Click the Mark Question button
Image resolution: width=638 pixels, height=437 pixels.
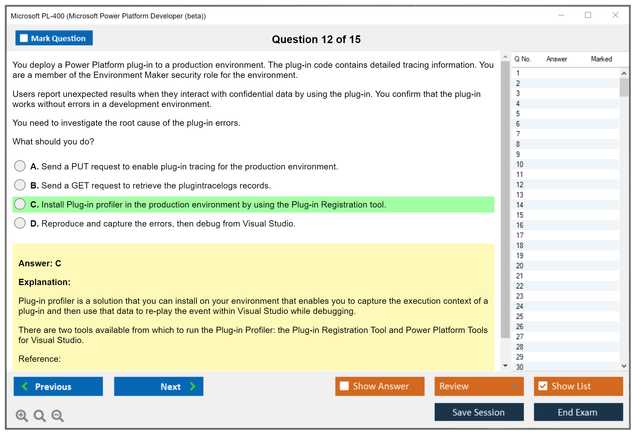point(54,38)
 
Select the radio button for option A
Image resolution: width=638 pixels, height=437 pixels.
point(20,166)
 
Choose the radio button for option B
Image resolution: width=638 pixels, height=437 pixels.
point(20,185)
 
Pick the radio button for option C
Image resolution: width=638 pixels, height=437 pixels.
point(20,204)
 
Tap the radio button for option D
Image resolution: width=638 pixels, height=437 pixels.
point(20,223)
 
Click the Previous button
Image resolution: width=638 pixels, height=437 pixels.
point(58,386)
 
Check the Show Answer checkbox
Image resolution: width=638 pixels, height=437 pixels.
point(344,386)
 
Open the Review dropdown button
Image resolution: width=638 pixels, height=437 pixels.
point(479,386)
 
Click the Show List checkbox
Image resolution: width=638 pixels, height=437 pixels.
point(543,386)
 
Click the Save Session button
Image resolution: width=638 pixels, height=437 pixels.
point(479,412)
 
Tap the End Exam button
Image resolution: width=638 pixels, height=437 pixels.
point(578,412)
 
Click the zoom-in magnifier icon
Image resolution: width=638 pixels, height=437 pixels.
point(22,416)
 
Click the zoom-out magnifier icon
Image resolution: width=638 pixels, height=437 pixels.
point(58,416)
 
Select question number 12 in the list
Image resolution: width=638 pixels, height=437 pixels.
point(520,185)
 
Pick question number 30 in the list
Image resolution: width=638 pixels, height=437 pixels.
point(520,367)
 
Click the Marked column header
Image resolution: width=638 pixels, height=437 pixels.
point(602,59)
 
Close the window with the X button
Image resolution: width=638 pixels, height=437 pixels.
point(615,15)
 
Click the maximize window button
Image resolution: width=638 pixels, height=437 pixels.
point(588,15)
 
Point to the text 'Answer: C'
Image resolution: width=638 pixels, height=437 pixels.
point(40,263)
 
